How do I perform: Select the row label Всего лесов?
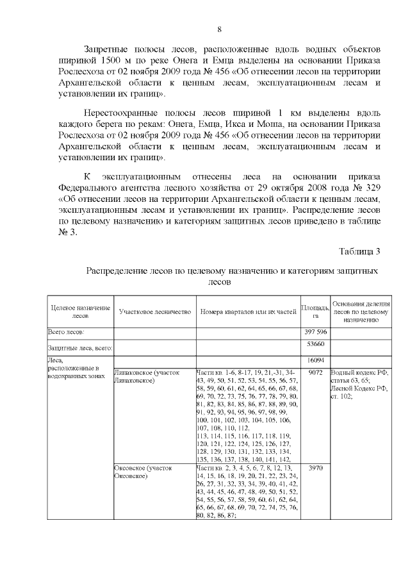tap(67, 331)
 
